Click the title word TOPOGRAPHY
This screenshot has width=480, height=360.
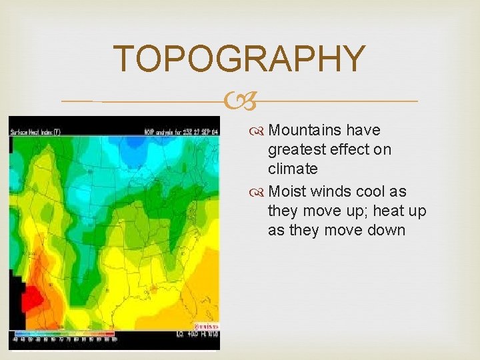click(x=239, y=59)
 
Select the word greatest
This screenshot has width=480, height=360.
click(x=298, y=149)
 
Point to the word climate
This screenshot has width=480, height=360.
click(x=293, y=169)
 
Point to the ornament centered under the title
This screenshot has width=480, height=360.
click(x=239, y=101)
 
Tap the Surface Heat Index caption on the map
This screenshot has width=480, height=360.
click(x=36, y=131)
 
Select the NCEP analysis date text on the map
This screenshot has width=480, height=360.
click(x=181, y=131)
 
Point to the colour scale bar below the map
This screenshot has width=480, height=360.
click(x=64, y=333)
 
